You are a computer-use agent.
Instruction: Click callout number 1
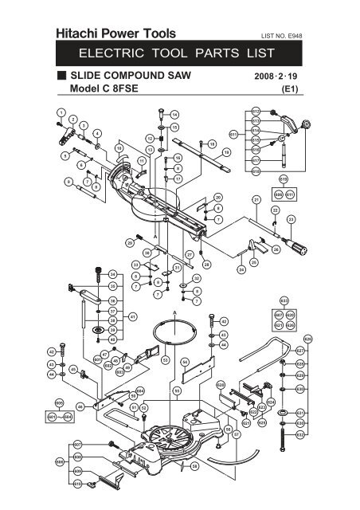tap(60, 112)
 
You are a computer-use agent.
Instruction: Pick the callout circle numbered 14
tap(174, 114)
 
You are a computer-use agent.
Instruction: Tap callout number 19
tap(226, 152)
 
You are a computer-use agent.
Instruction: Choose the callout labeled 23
tap(291, 219)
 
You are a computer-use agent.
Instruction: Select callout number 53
tap(165, 361)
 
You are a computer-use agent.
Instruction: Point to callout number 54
tap(185, 362)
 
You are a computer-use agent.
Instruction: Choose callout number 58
tap(194, 468)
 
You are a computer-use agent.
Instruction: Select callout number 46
tap(80, 406)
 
